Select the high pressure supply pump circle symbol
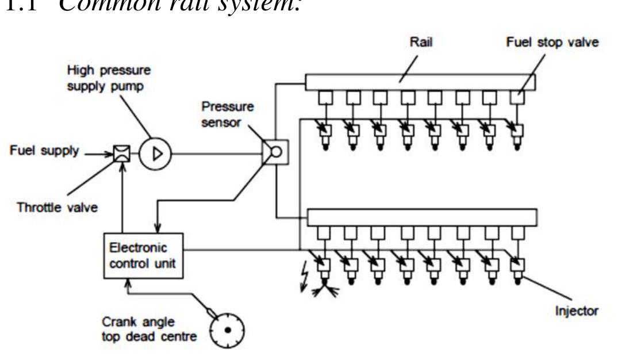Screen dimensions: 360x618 coord(155,155)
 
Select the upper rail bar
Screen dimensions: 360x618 coord(420,82)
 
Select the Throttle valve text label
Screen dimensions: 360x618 coord(55,208)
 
